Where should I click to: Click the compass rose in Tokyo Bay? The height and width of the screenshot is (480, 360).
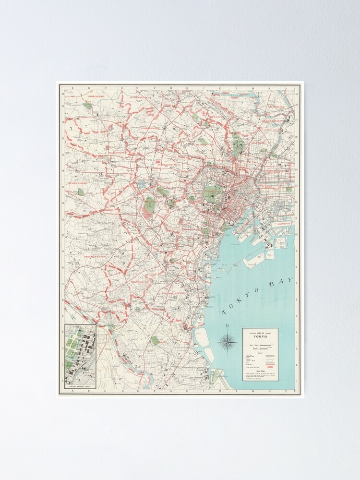[227, 342]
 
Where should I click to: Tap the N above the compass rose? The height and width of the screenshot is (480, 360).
[227, 327]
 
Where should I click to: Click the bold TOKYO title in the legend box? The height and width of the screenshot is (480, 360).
[260, 336]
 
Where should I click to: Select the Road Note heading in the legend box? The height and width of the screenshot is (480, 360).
[260, 371]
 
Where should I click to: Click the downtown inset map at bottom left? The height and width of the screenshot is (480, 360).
[80, 356]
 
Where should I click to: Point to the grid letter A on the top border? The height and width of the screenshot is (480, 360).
[71, 88]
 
